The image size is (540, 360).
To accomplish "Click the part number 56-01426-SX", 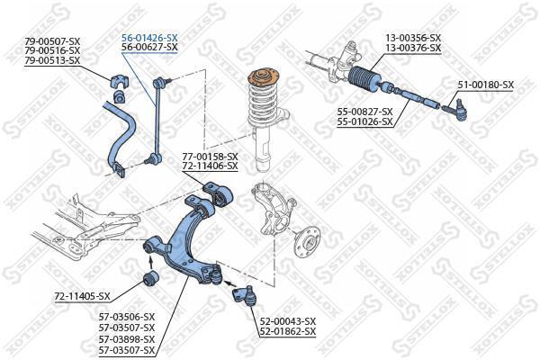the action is click(149, 38).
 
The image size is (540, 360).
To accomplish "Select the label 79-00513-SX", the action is click(52, 60).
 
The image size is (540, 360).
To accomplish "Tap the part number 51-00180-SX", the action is click(486, 85).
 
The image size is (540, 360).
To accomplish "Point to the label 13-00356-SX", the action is click(413, 38).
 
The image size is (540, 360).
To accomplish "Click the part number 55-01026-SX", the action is click(365, 121).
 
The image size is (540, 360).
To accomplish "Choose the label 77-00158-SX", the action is click(210, 157).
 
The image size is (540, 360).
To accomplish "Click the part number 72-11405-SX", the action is click(82, 296).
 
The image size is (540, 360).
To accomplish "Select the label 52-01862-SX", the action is click(288, 331).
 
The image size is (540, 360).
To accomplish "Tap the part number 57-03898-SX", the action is click(127, 339).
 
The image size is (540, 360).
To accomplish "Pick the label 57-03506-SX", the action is click(127, 317).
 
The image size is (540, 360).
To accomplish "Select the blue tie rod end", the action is click(455, 110).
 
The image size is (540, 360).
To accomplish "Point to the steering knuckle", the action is click(272, 209).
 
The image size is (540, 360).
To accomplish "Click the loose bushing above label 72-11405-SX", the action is click(150, 278).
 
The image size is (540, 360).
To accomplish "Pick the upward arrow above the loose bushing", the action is click(150, 263).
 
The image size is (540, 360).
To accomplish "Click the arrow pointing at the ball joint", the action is click(230, 284).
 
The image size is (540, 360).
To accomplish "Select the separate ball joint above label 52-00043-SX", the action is click(245, 295).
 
